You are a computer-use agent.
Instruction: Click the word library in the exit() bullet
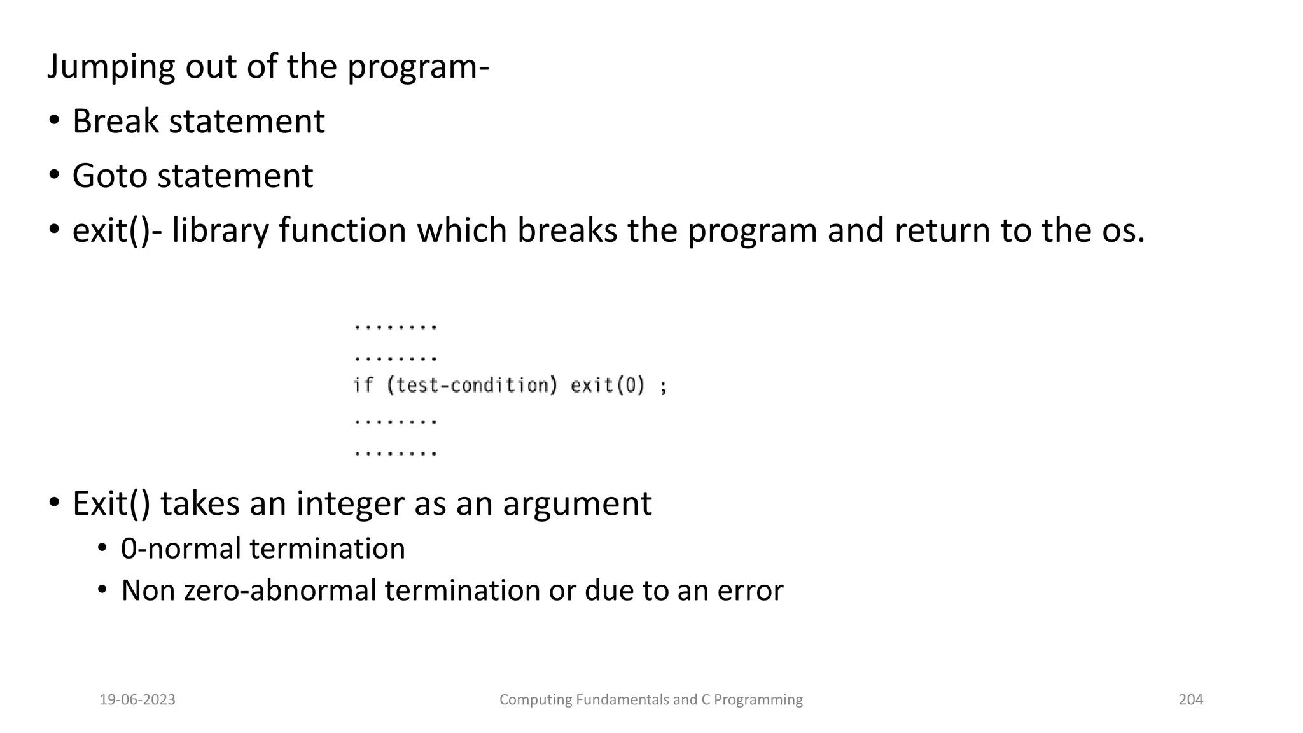point(219,230)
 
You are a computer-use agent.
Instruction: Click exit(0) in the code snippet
point(608,386)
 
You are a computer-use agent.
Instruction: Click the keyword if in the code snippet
point(363,386)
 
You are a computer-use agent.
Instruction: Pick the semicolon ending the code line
point(664,387)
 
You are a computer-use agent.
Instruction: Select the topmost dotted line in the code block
point(395,327)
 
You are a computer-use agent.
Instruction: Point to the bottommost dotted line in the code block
point(395,454)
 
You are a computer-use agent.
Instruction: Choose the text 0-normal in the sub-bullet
point(164,549)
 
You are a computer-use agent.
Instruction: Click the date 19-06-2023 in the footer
point(137,700)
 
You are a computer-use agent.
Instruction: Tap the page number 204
point(1190,700)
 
